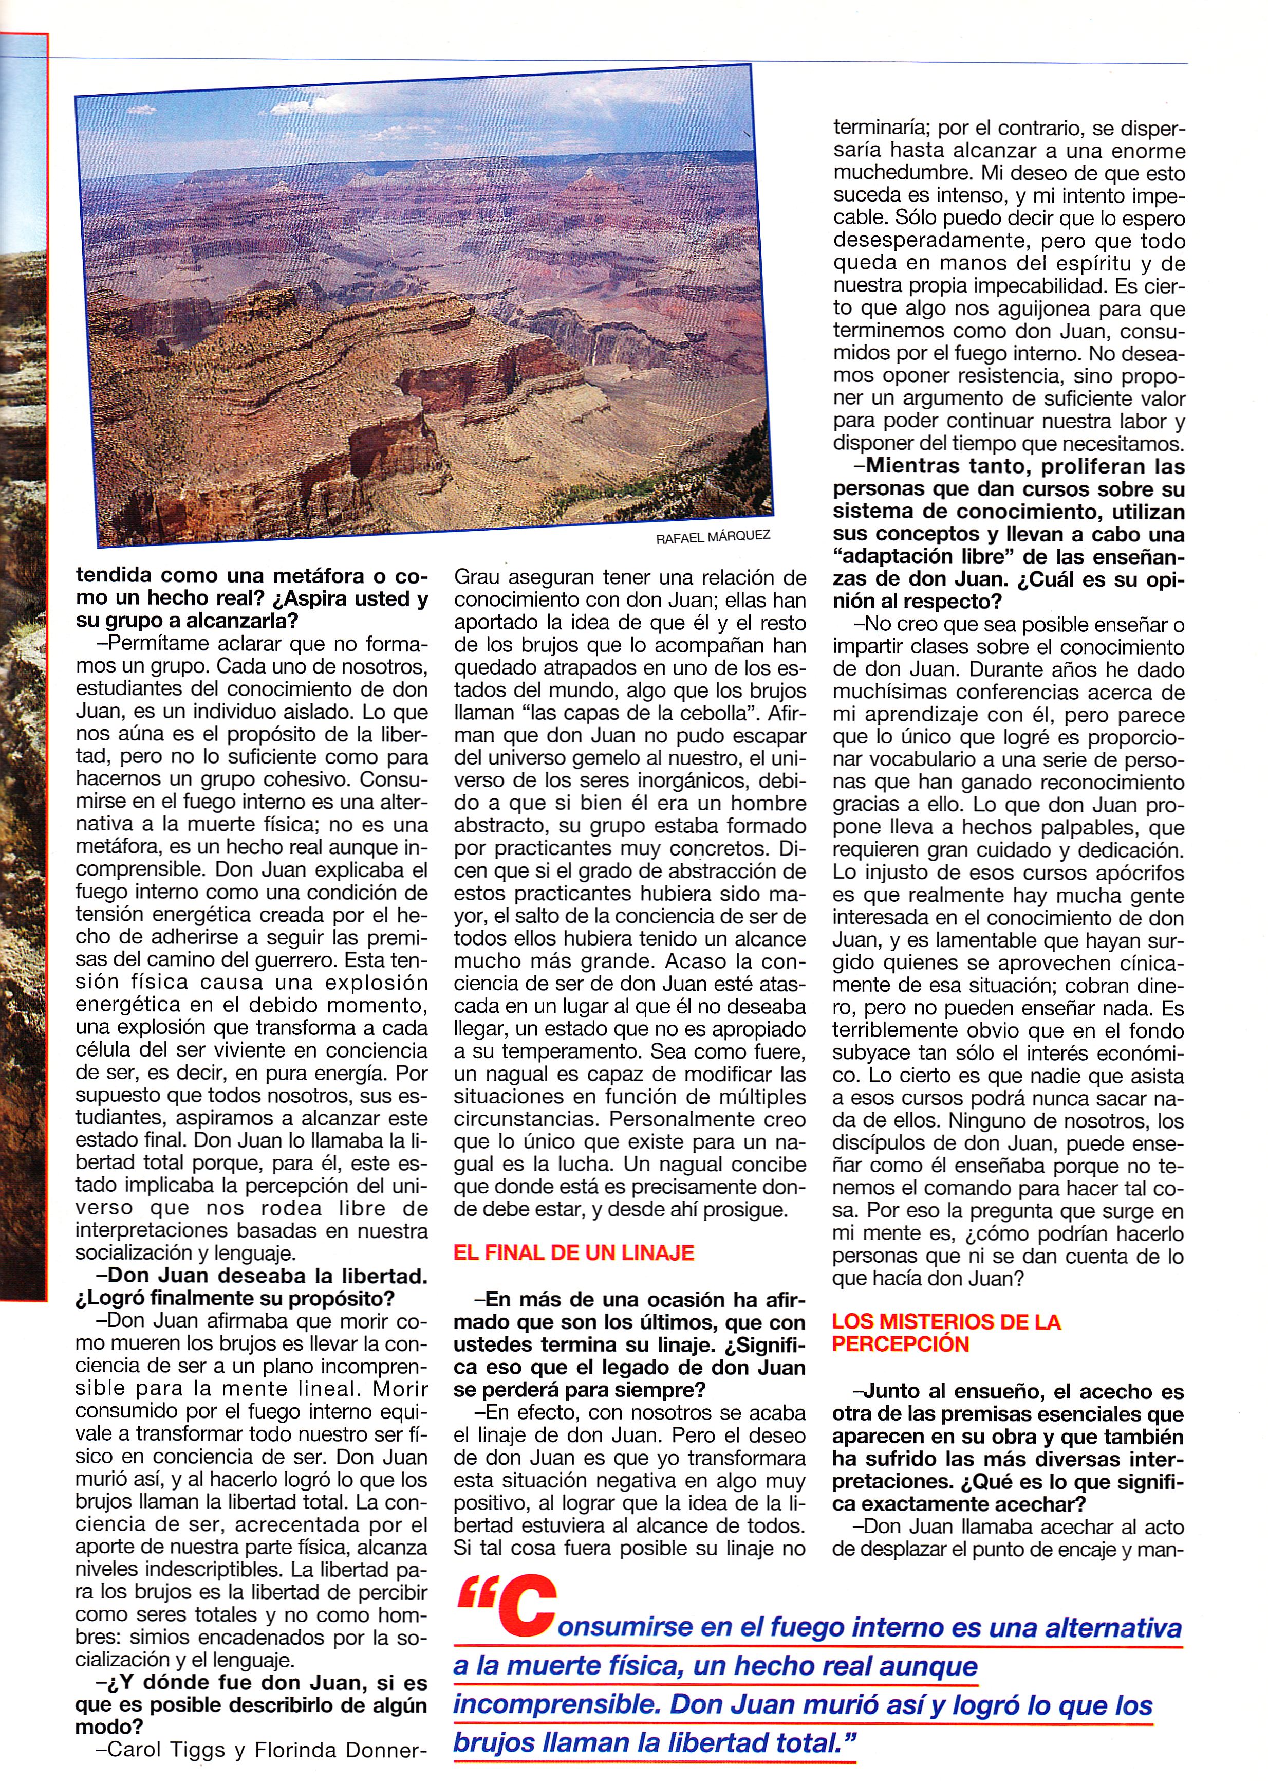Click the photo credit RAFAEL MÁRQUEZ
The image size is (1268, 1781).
(x=712, y=537)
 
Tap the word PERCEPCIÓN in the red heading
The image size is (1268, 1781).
(x=900, y=1344)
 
